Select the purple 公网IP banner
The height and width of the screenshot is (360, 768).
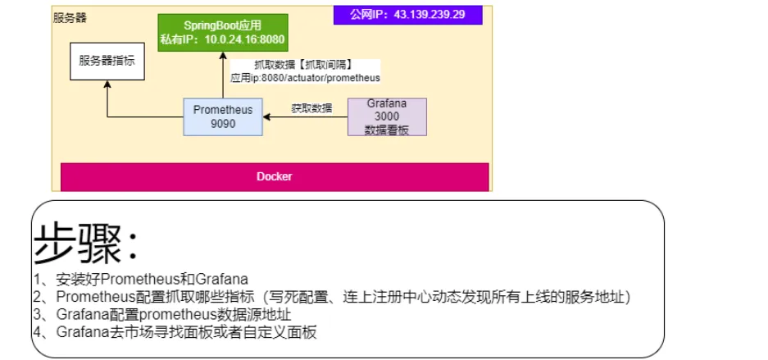click(407, 15)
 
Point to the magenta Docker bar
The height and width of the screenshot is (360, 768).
click(275, 177)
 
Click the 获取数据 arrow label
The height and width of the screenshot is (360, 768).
click(311, 108)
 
